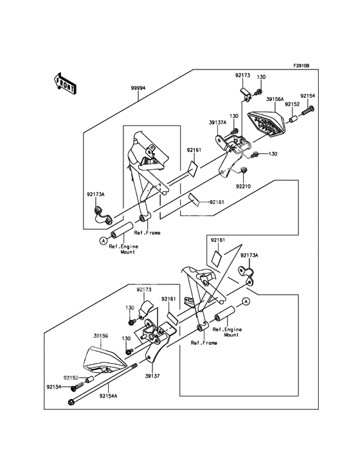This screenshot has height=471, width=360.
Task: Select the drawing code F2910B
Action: [301, 66]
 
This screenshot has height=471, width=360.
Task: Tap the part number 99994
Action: [138, 88]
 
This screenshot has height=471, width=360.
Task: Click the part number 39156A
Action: [274, 100]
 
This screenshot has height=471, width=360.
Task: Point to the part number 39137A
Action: [217, 122]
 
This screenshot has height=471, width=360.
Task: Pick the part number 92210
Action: [243, 186]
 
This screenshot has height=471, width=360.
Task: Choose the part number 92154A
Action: [108, 396]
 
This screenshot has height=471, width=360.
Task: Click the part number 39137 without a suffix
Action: [152, 376]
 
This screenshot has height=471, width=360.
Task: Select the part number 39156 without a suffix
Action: [101, 336]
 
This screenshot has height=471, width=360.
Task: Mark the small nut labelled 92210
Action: [243, 170]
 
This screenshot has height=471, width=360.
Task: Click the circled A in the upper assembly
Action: [104, 240]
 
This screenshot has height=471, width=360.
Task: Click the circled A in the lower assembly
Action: [246, 301]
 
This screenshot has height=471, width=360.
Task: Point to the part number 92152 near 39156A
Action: [292, 104]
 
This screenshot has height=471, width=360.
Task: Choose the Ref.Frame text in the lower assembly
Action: [204, 343]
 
